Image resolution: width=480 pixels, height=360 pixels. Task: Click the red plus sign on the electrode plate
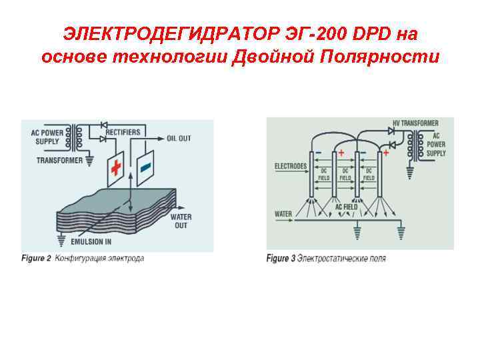pyautogui.click(x=116, y=167)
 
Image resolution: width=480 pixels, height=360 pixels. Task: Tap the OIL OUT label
pyautogui.click(x=179, y=139)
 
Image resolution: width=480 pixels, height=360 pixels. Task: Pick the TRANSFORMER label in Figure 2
pyautogui.click(x=59, y=160)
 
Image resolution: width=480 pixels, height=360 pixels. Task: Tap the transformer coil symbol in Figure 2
pyautogui.click(x=79, y=137)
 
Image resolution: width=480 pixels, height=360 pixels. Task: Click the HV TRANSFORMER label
pyautogui.click(x=415, y=123)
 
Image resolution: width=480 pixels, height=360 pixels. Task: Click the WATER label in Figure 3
pyautogui.click(x=283, y=214)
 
